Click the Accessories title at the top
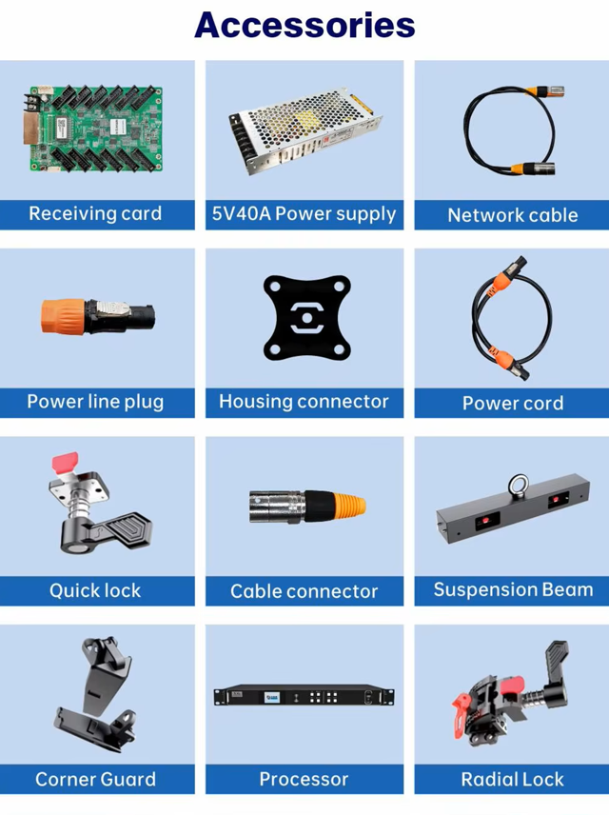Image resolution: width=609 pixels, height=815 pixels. coord(304,26)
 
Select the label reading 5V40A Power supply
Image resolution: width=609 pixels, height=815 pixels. coord(304,213)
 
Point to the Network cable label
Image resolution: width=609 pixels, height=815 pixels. coord(512,215)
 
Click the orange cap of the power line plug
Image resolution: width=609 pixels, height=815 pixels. coord(59,316)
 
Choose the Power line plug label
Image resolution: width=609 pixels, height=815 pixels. coord(95,401)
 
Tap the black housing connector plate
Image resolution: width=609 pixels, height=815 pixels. coord(304,318)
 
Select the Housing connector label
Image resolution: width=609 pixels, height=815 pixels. coord(304,401)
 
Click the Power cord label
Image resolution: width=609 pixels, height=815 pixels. coord(512,403)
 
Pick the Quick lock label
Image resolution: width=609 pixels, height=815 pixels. coord(95,590)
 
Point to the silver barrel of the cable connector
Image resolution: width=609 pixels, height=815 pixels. coord(272,506)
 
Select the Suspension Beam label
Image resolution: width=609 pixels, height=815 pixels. coord(512,589)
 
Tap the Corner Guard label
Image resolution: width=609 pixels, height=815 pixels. coord(95,779)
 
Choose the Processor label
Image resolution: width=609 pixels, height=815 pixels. coord(304,779)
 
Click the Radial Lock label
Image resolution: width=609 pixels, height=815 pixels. coord(512,779)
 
